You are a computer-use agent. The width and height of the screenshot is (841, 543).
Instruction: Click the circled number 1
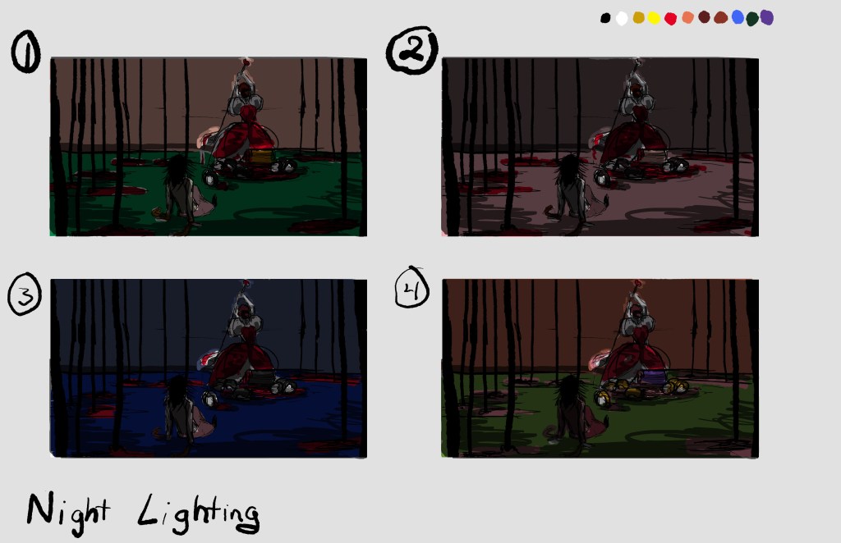25,52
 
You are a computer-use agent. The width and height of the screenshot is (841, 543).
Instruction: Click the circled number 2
412,50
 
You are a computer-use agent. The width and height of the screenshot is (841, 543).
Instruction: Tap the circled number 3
25,294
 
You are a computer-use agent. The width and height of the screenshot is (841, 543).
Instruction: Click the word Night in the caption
68,513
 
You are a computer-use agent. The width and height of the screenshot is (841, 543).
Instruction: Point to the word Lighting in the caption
199,514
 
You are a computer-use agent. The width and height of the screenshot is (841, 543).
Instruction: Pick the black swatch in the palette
605,18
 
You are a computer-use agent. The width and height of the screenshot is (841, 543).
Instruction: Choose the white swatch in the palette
622,19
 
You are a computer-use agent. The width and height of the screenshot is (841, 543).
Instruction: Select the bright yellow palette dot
654,18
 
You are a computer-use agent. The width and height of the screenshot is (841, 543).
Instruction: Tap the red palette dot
670,19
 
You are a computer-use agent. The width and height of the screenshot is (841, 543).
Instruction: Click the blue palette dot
738,17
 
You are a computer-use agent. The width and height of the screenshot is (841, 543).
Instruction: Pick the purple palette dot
767,18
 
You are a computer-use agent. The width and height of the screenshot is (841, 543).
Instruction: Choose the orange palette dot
687,18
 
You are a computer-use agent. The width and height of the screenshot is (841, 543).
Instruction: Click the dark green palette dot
752,19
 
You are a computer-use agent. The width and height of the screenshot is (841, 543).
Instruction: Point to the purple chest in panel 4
654,377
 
